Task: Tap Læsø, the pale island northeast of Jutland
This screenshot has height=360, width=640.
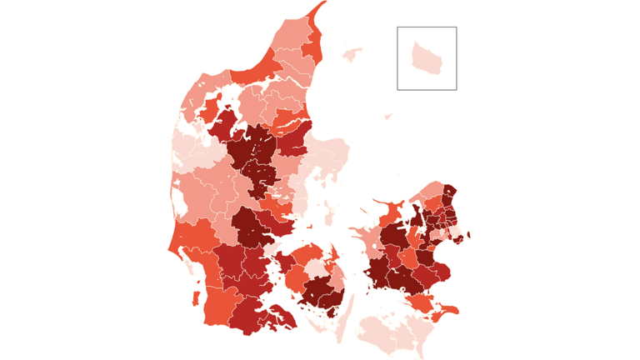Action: click(x=352, y=54)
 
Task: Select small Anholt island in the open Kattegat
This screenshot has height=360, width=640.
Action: click(x=388, y=115)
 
